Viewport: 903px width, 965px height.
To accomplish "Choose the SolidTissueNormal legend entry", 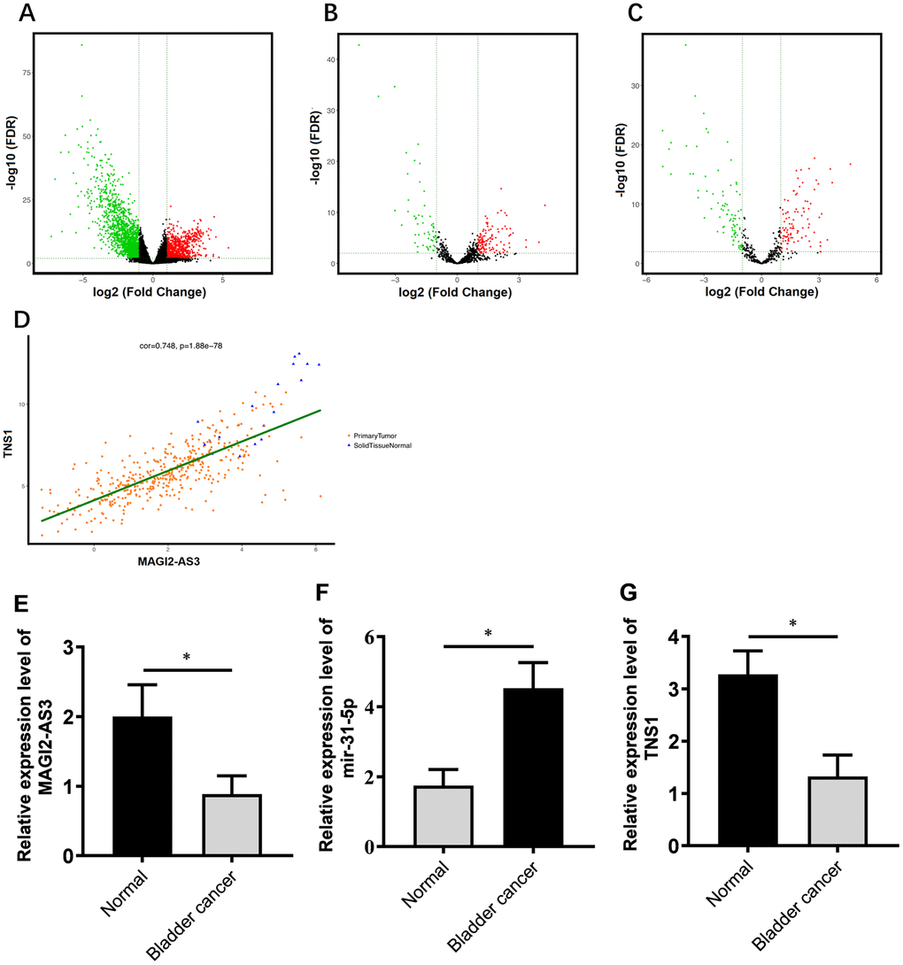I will click(383, 445).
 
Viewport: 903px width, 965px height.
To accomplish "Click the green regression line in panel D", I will click(177, 467).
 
